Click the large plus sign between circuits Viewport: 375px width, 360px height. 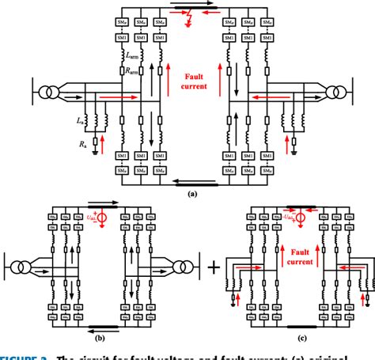pos(211,273)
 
